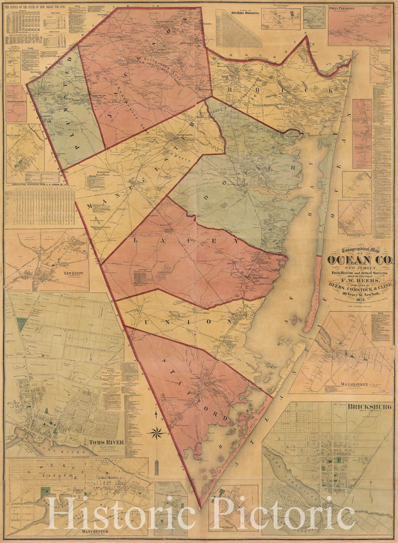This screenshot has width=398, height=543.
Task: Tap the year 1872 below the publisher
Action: pyautogui.click(x=360, y=299)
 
